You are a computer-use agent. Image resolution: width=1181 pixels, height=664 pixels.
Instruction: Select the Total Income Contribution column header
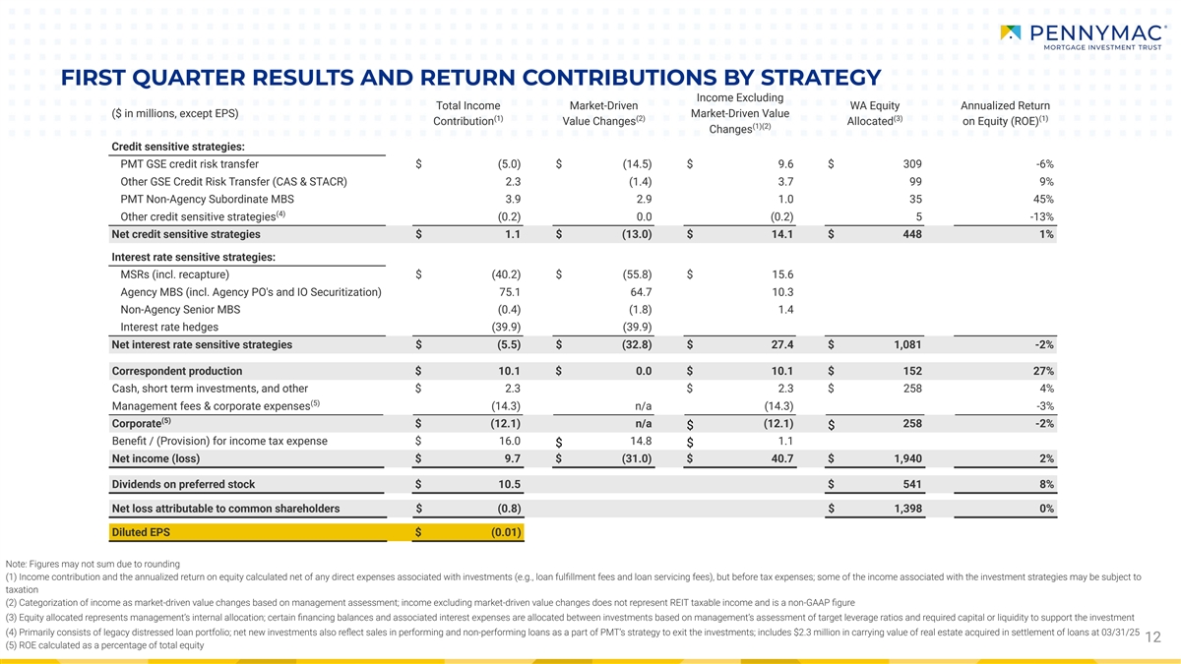[467, 113]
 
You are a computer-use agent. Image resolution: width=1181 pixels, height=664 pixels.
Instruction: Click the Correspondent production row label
[177, 371]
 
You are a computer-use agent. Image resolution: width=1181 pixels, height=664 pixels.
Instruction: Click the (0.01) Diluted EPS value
[504, 532]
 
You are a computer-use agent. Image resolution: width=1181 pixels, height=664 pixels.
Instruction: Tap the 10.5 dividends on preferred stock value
[509, 484]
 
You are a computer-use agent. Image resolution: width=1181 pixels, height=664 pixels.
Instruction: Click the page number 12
[1158, 638]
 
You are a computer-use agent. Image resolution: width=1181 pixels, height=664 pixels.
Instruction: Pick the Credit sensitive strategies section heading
[178, 147]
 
